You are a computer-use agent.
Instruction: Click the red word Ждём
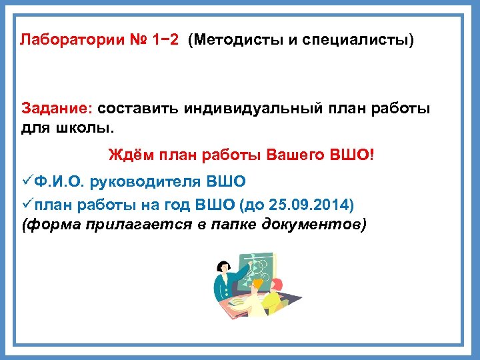pyautogui.click(x=130, y=155)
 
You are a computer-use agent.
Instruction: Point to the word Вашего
pyautogui.click(x=295, y=155)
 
